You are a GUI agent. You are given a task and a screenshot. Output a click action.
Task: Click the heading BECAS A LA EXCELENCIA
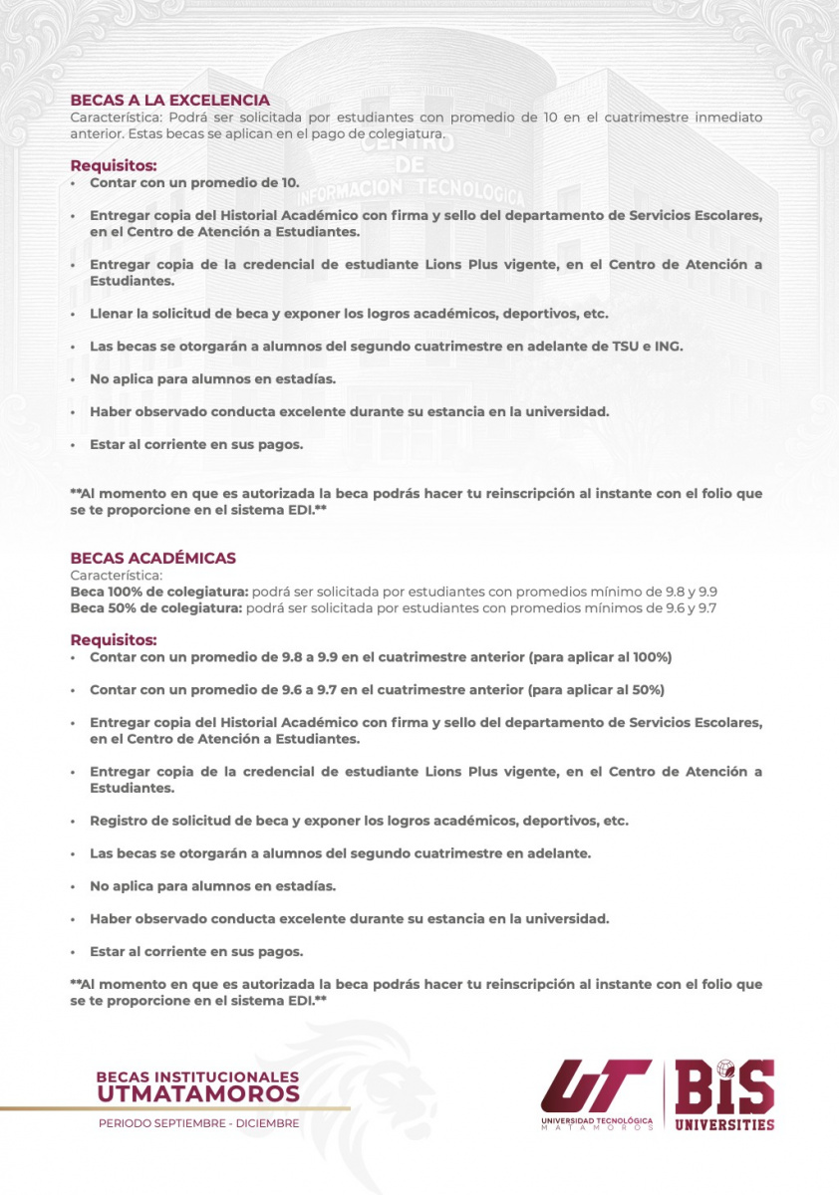[x=169, y=101]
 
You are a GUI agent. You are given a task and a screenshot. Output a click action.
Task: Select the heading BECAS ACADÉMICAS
[x=152, y=559]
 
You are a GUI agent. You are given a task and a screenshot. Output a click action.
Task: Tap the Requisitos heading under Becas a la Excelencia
[x=114, y=165]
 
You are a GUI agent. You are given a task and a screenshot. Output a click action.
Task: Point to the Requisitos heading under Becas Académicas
[x=114, y=639]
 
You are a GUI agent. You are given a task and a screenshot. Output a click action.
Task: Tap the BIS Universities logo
[x=724, y=1093]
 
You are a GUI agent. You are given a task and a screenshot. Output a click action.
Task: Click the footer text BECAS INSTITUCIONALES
[x=197, y=1077]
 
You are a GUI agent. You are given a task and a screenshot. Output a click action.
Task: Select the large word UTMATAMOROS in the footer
[x=198, y=1094]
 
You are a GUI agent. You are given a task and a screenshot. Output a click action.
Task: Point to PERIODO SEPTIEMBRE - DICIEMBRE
[x=198, y=1123]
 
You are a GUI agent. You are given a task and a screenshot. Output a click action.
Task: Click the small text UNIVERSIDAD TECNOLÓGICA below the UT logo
[x=597, y=1119]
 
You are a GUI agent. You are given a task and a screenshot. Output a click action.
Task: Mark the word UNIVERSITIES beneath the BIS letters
[x=724, y=1124]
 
